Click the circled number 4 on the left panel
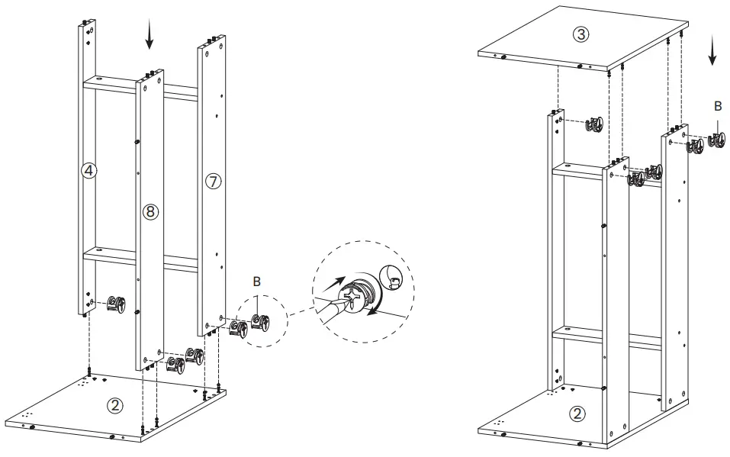[88, 171]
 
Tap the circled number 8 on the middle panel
[150, 212]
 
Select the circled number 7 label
[213, 181]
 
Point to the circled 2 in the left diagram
[114, 405]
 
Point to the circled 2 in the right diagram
[577, 414]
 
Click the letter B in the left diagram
[257, 282]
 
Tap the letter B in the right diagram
[717, 107]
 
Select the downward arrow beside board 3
[712, 51]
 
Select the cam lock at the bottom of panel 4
[118, 304]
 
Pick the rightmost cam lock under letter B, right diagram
[717, 141]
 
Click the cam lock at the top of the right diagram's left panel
[594, 125]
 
